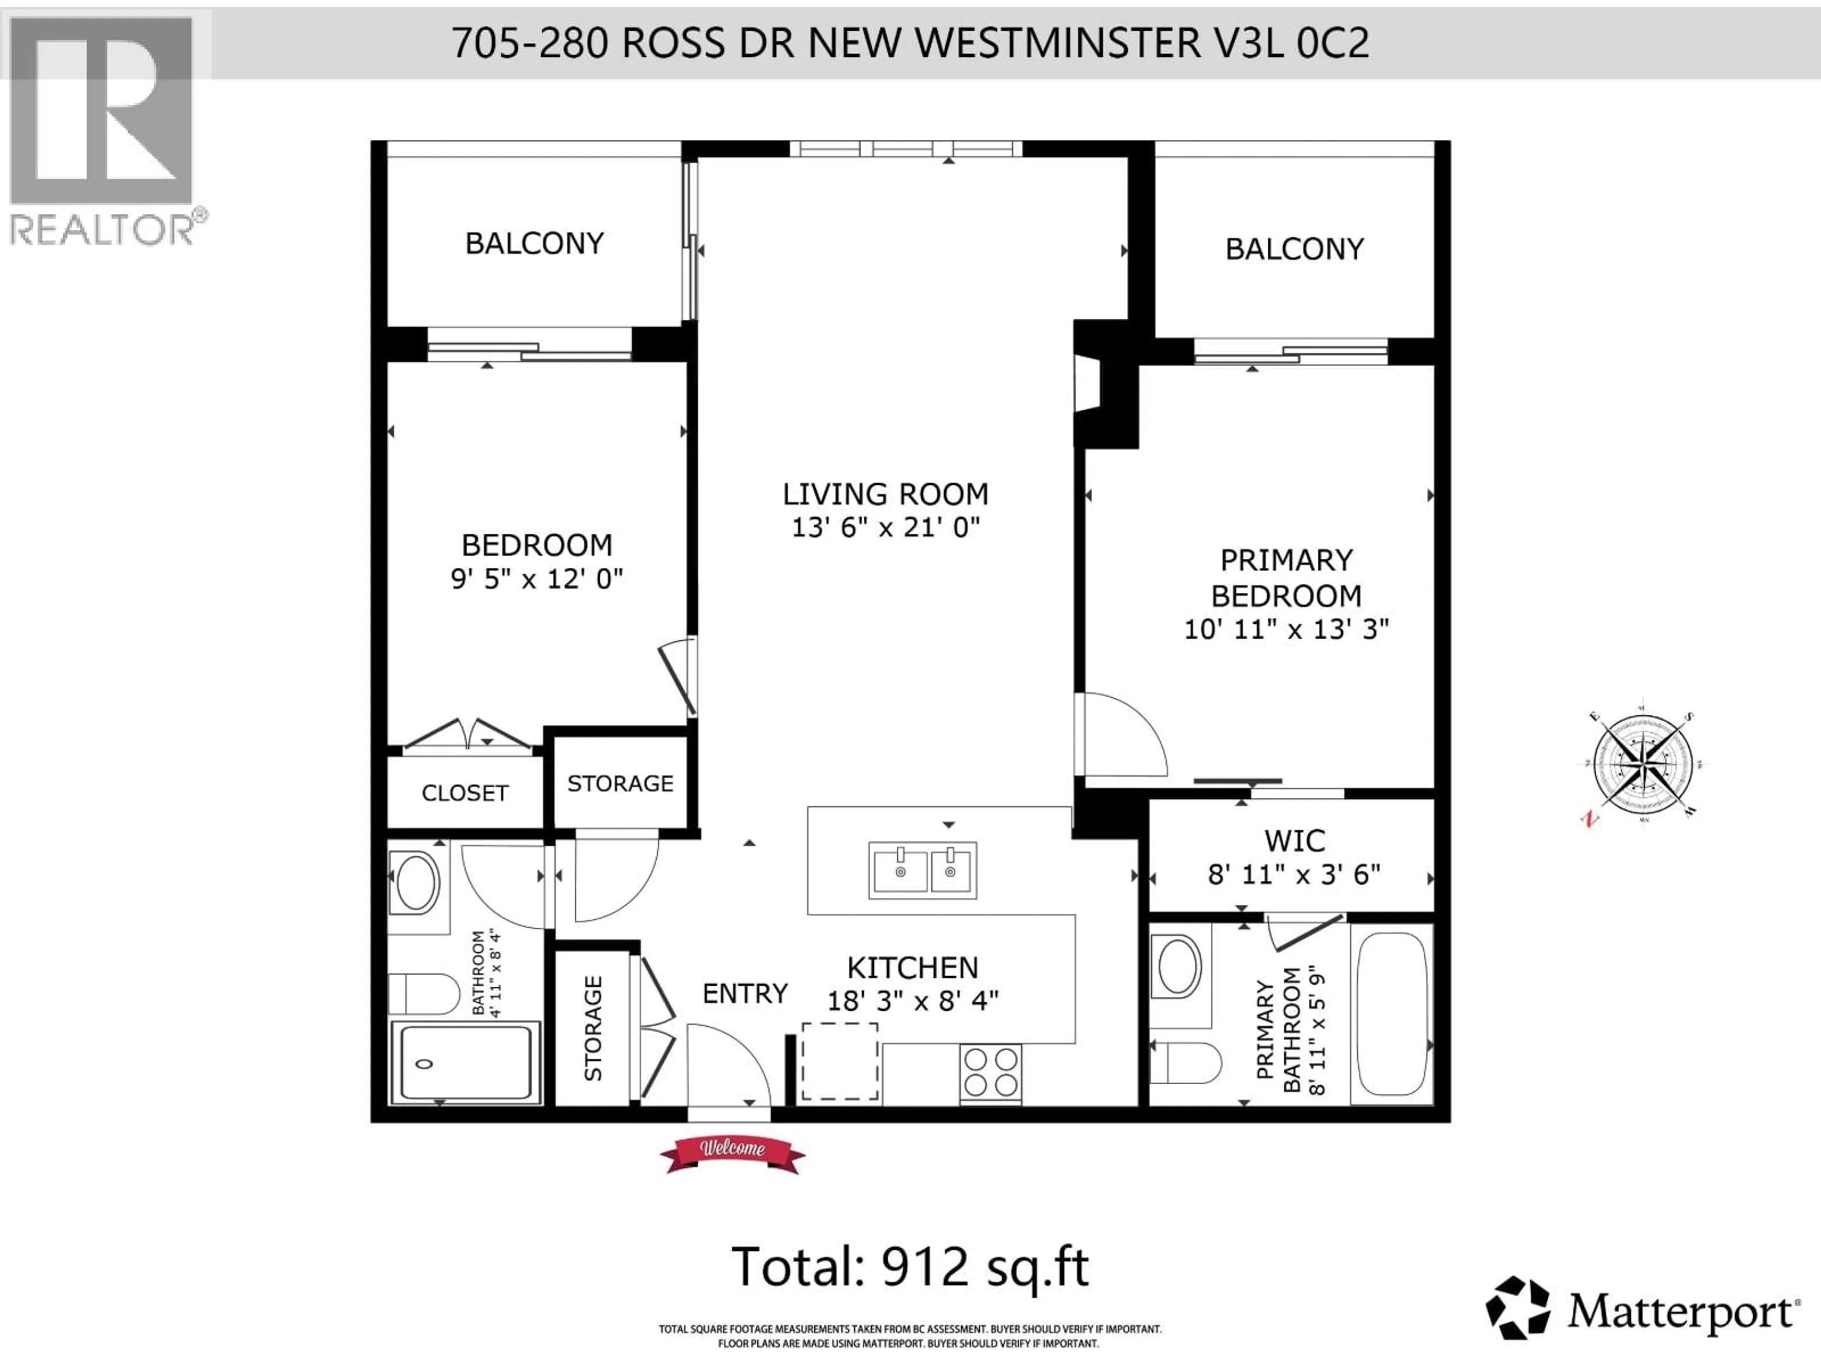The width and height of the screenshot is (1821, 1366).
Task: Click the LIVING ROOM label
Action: pos(885,494)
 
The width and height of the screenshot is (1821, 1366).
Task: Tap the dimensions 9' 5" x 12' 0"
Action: pos(537,579)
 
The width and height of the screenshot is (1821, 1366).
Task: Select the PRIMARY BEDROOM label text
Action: pos(1286,577)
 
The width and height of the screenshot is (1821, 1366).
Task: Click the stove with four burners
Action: pos(990,1072)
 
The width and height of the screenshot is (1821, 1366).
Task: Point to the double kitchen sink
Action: pos(923,870)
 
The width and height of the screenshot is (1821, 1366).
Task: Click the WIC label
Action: pos(1294,840)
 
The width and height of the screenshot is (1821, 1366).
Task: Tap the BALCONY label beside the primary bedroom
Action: pos(1294,249)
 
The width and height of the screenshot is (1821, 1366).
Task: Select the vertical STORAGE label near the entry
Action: pos(593,1028)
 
